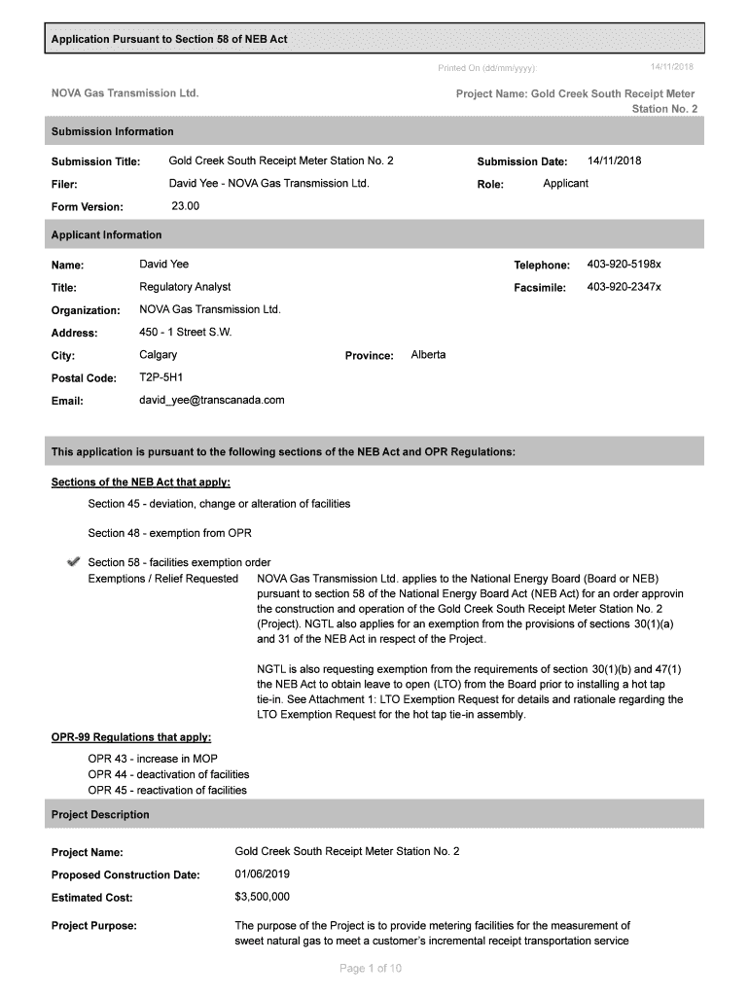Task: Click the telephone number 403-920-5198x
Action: click(x=624, y=265)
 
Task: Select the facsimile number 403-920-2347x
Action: click(x=624, y=287)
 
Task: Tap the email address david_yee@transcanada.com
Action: click(x=212, y=400)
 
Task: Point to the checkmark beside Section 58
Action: click(x=72, y=562)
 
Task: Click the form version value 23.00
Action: click(x=185, y=206)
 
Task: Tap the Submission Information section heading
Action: click(x=113, y=131)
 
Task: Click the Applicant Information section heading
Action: click(x=107, y=235)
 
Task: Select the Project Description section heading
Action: click(x=100, y=815)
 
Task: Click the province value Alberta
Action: click(x=429, y=355)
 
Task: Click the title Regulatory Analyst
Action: click(x=186, y=287)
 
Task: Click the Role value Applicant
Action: click(x=565, y=184)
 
